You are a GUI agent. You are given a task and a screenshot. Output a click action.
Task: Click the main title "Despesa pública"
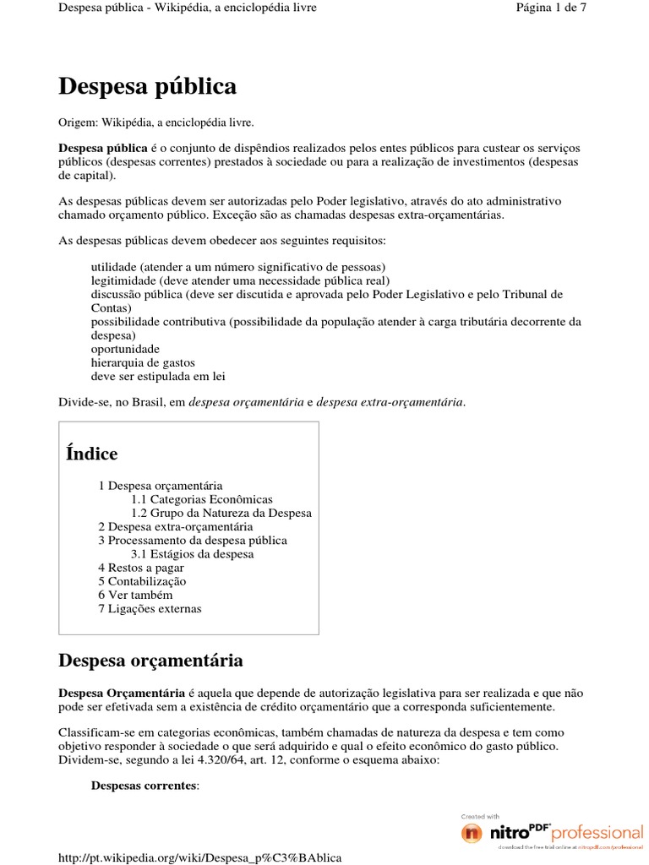[147, 87]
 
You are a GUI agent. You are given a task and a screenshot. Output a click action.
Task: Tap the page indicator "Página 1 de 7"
[551, 8]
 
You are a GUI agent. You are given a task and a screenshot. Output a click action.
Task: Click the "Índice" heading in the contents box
[91, 454]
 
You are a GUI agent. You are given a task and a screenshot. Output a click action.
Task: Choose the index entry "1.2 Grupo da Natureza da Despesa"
[221, 513]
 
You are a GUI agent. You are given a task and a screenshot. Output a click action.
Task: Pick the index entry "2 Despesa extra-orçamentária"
[175, 526]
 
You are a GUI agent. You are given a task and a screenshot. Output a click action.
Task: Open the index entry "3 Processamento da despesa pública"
[192, 540]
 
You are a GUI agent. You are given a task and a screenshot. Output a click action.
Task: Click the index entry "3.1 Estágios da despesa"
[192, 554]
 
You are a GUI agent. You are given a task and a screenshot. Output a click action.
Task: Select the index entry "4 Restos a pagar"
[140, 568]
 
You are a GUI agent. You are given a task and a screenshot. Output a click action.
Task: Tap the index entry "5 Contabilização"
[142, 581]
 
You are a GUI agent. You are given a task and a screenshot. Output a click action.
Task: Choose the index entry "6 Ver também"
[135, 595]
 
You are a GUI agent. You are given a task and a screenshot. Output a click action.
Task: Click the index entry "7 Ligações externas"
[150, 608]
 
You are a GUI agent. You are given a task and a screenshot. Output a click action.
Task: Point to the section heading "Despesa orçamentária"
[150, 660]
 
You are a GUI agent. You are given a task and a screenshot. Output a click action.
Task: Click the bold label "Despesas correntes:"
[145, 786]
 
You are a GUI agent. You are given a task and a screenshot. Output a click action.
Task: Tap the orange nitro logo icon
[472, 833]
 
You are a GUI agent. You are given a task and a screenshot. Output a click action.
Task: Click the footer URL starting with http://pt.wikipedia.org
[199, 857]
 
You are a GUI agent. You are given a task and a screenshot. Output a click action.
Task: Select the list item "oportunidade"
[125, 349]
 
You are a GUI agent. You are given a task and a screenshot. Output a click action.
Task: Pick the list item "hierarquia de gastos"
[143, 362]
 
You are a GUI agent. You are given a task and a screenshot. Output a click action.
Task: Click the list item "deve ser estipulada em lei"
[158, 376]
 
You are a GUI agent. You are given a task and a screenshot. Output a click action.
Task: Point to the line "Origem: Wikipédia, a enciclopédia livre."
[155, 122]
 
